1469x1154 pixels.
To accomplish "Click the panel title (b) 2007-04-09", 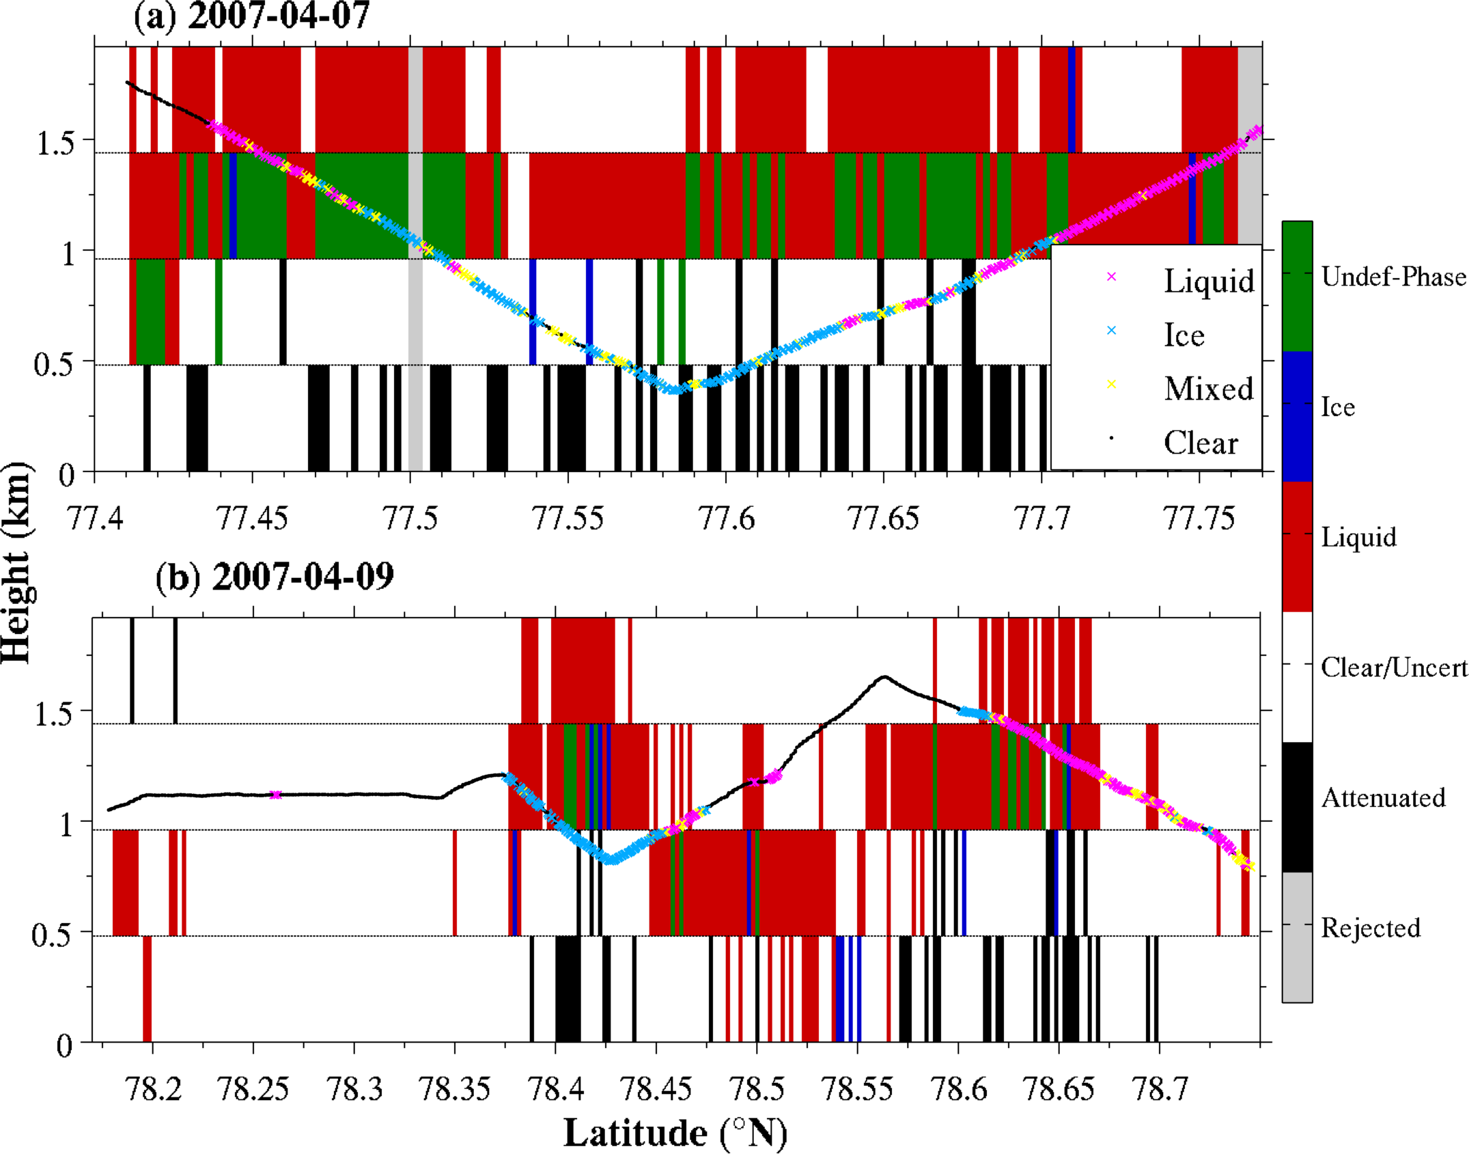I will (275, 577).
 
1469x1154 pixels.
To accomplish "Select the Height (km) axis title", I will (16, 562).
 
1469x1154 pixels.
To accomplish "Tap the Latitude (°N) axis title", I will (675, 1133).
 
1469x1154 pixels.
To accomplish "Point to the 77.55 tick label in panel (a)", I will (568, 519).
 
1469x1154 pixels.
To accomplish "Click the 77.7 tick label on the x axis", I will (1041, 519).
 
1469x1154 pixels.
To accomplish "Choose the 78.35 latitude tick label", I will (454, 1089).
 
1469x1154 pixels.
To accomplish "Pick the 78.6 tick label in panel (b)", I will (958, 1089).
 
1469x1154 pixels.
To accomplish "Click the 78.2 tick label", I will (153, 1089).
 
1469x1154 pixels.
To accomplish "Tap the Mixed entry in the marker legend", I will (1209, 389).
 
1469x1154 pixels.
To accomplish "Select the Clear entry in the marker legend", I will (1201, 443).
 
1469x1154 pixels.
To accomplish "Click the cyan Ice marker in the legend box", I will (1111, 331).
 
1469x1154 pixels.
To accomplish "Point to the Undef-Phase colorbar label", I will (1393, 277).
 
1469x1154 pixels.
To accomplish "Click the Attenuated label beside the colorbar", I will (1383, 798).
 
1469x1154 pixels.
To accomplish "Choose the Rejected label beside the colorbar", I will (1371, 928).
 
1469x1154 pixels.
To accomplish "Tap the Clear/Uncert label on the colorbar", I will (1394, 668).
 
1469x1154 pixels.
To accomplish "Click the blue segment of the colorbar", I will (1297, 416).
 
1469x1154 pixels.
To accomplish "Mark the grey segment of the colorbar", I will (1297, 937).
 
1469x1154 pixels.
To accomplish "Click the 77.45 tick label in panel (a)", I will (252, 519).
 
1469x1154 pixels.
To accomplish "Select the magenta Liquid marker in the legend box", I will (1111, 277).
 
